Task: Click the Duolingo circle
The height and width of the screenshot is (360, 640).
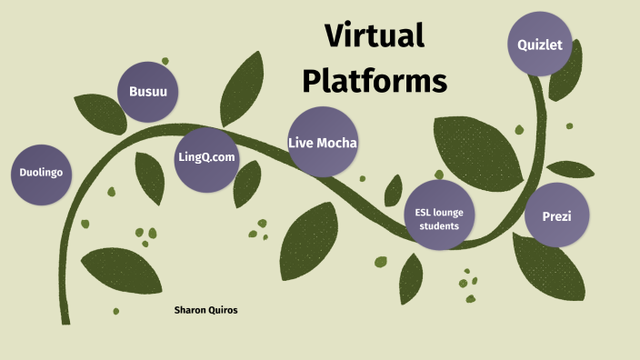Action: point(42,171)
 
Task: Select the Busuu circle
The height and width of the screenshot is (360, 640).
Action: point(148,92)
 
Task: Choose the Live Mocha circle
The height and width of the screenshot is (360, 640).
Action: point(323,142)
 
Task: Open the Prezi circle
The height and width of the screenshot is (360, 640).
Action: point(555,215)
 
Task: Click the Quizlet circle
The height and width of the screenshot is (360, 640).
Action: point(540,44)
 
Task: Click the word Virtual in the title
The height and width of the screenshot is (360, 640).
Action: point(375,37)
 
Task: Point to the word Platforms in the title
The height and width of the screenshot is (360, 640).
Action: point(375,81)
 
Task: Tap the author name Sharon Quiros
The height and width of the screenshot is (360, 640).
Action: point(212,310)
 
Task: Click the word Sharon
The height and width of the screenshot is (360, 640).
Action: point(193,310)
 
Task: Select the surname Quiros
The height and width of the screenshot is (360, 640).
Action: point(232,310)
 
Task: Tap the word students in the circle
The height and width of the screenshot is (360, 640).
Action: point(439,225)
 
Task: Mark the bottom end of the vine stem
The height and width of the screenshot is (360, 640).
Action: point(65,319)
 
